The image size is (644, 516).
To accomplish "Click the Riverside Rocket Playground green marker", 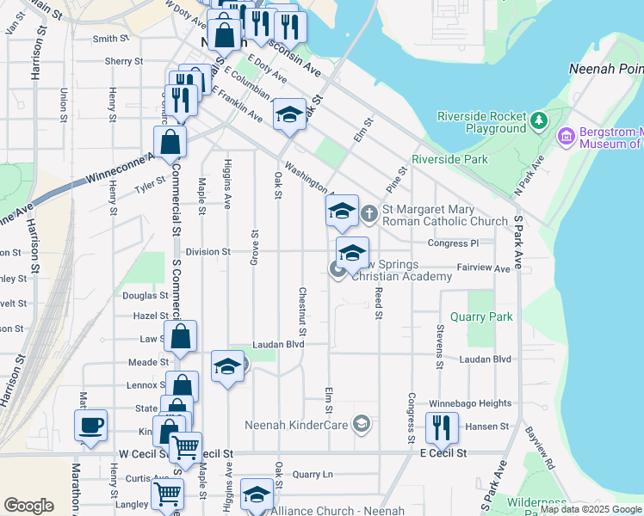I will pos(539,120).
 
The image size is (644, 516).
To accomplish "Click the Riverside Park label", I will pos(449,159).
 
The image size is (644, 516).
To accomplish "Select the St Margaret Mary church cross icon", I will pos(369,212).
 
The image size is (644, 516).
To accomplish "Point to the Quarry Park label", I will pos(487,316).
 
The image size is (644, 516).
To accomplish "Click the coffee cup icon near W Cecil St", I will pos(90,425).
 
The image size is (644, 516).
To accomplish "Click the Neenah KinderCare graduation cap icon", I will pos(362,423).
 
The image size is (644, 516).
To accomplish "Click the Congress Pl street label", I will pos(458,243).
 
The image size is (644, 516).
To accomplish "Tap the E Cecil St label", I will pos(443,452).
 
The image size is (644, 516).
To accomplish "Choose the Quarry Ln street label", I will pos(312,474).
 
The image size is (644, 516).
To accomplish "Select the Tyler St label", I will pos(148,183).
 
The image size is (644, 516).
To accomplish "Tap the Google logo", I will pos(29,505).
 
